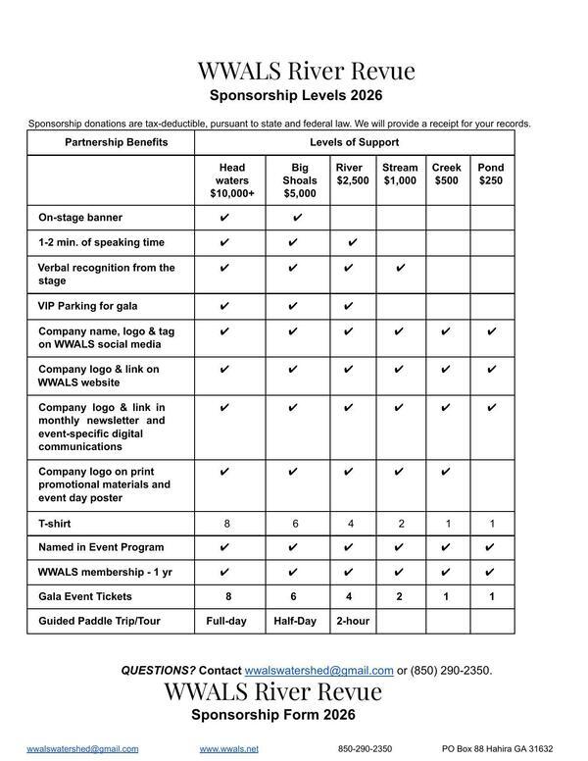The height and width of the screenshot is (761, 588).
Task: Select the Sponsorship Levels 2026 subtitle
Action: [295, 96]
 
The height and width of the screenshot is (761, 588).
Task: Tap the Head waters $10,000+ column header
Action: [231, 180]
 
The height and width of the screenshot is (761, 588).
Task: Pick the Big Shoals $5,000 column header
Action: [300, 180]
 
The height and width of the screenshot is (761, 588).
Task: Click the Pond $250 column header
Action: [490, 175]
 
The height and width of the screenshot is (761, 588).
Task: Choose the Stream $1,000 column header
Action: [400, 175]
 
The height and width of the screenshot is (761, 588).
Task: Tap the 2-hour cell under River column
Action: [353, 621]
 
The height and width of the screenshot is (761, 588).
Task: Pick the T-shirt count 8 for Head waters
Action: [227, 524]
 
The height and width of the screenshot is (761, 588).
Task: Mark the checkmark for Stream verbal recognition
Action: [400, 268]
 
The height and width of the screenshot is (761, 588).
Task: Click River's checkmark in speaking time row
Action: [353, 242]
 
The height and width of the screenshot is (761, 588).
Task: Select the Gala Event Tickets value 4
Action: [351, 596]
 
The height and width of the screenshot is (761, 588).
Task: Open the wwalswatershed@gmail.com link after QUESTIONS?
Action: [318, 671]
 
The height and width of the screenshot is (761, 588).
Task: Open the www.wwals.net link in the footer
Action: [229, 748]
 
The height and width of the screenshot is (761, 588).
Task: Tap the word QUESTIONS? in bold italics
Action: [158, 671]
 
